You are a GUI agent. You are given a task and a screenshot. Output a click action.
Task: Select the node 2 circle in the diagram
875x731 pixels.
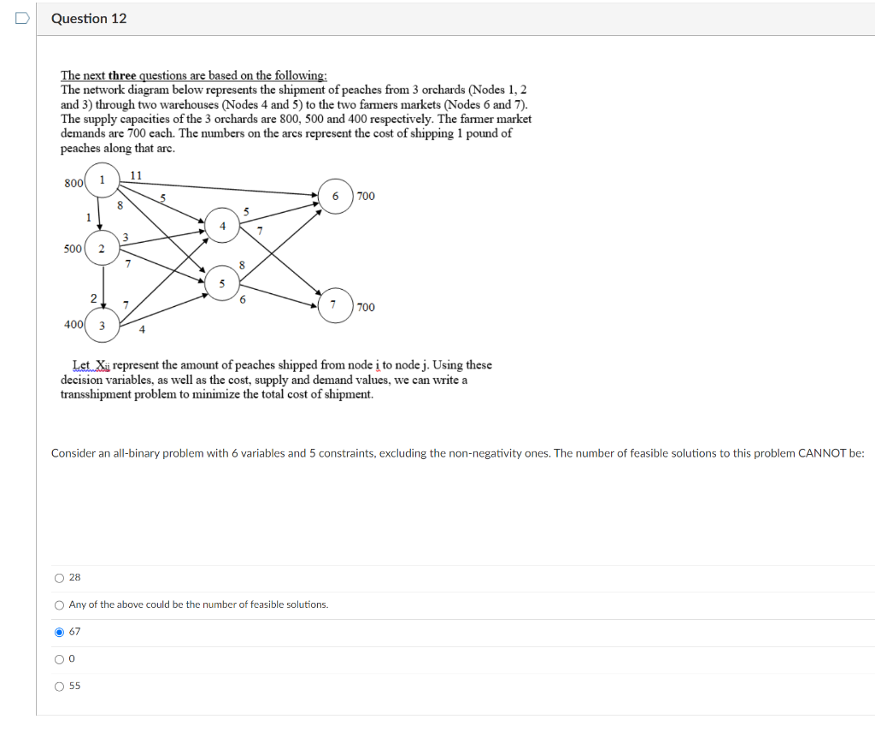[x=102, y=249]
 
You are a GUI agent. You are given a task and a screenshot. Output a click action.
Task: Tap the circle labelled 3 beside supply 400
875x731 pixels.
[x=102, y=325]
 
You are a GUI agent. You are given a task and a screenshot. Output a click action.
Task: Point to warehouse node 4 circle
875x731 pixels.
[x=222, y=227]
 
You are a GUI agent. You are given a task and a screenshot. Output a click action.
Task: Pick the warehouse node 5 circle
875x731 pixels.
[x=222, y=283]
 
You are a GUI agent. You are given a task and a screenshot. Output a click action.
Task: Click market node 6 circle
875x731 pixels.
[x=336, y=197]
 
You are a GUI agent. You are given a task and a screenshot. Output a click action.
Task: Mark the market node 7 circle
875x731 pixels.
[x=336, y=306]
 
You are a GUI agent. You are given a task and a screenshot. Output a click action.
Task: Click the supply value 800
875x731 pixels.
[x=73, y=182]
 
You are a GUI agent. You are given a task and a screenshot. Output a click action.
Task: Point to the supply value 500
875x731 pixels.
[x=73, y=249]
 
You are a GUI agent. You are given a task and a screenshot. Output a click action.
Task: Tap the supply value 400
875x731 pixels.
[x=73, y=324]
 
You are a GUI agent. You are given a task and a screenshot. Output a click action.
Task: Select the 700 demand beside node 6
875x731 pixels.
[x=366, y=197]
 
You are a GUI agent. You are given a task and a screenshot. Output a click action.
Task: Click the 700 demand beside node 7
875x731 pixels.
[x=366, y=307]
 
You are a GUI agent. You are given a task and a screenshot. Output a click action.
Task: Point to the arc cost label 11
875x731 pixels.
[x=135, y=175]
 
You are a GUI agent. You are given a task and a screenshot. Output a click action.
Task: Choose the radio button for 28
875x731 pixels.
[x=59, y=578]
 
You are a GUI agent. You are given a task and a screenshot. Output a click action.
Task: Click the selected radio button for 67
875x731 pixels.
[x=59, y=632]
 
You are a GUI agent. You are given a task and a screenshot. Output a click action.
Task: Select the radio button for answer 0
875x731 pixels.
[x=59, y=659]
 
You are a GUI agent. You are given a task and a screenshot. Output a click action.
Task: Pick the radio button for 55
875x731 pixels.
[x=59, y=687]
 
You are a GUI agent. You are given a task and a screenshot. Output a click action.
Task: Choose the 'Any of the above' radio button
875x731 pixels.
[x=59, y=605]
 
